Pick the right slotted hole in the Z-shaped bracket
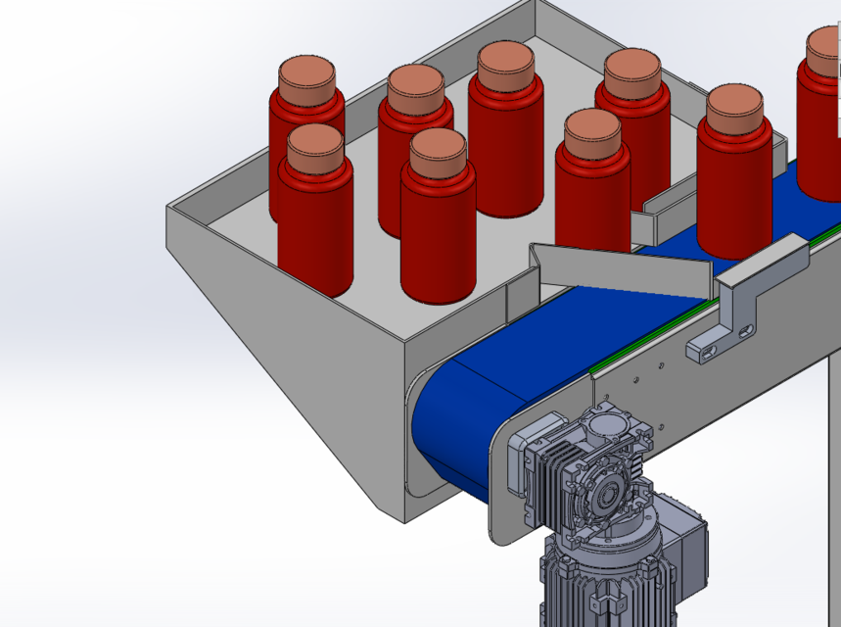pyautogui.click(x=747, y=331)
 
